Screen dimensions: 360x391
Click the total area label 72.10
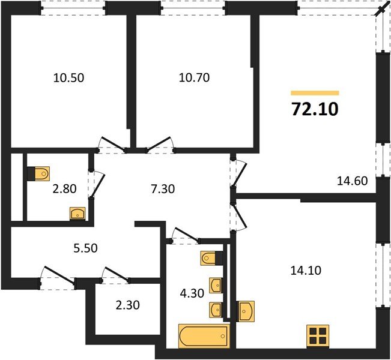click(x=315, y=109)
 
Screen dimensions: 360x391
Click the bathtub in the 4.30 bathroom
click(x=204, y=335)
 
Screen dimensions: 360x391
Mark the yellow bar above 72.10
click(x=315, y=93)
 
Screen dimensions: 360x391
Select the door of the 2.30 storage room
click(x=116, y=275)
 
